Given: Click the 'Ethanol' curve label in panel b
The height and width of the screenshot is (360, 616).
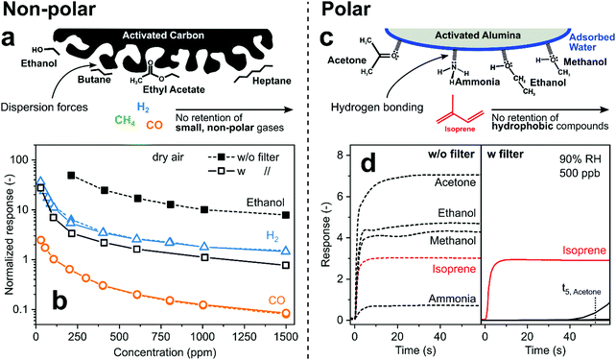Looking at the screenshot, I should tap(270, 203).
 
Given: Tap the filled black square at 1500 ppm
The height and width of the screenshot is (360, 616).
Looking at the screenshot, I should tap(287, 215).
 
